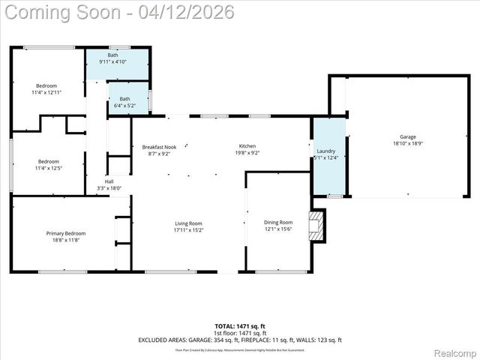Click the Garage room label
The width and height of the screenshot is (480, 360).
tap(407, 136)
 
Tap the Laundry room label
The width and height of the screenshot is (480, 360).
tap(325, 151)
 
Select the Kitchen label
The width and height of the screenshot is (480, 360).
tap(247, 145)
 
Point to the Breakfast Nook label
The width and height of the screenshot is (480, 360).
tap(159, 147)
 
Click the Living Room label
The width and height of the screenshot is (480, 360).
tap(189, 223)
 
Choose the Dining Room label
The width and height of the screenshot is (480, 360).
tap(278, 222)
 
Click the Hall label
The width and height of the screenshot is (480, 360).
tap(109, 181)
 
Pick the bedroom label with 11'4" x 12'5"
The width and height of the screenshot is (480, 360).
tap(49, 161)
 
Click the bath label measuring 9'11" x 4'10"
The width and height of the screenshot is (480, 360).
tap(112, 55)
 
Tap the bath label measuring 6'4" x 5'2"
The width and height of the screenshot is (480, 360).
tap(124, 99)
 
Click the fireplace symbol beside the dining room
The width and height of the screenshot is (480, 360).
tap(319, 225)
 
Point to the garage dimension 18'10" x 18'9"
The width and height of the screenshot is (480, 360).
tap(407, 143)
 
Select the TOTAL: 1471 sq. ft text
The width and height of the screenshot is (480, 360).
tap(240, 326)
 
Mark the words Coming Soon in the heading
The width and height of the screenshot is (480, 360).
tap(64, 12)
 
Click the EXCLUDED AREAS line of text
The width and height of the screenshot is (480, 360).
tap(240, 340)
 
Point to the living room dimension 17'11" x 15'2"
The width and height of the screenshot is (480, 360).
tap(189, 230)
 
